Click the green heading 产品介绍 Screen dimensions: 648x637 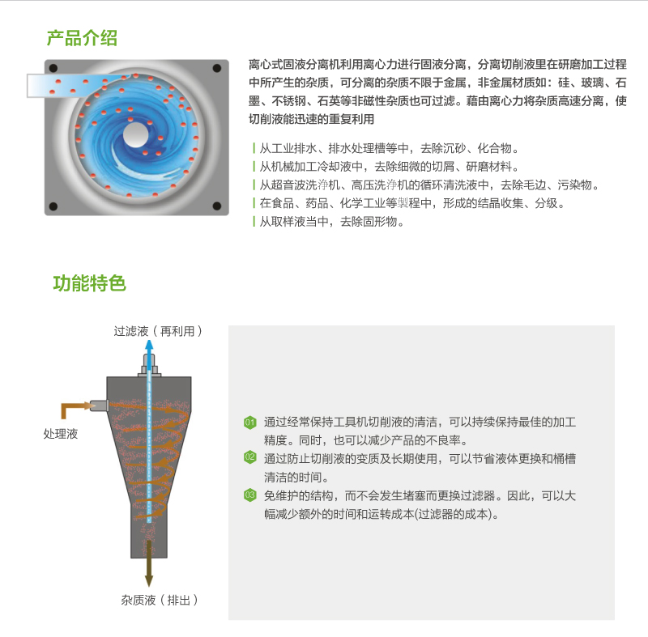(82, 38)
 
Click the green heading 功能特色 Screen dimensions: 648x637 (89, 283)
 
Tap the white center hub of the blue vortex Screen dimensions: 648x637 (135, 134)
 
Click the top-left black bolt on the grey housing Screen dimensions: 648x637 (53, 68)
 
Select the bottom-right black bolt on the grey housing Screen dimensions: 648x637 (217, 206)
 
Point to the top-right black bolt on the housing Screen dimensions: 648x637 (217, 68)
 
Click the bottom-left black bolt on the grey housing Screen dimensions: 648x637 (53, 206)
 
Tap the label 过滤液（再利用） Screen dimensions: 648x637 (158, 331)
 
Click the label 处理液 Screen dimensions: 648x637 (61, 434)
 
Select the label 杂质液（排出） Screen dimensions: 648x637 (160, 600)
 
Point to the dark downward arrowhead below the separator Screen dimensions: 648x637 (149, 581)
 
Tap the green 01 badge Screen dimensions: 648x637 (250, 423)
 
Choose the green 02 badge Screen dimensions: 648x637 (250, 457)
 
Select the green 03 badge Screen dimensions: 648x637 (250, 495)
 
